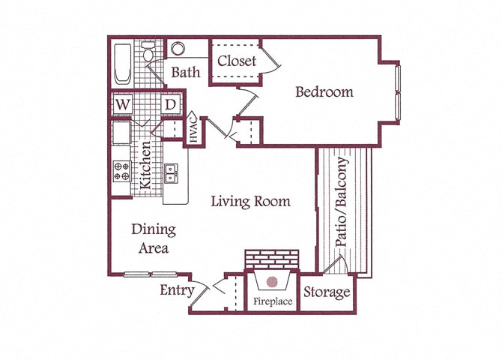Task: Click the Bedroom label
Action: tap(324, 92)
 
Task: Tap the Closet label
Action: tap(237, 61)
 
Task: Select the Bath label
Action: tap(186, 73)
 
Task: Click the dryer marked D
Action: tap(170, 103)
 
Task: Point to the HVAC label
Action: tap(193, 130)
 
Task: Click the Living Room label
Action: tap(250, 201)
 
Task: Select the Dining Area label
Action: tap(154, 238)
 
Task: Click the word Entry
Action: tap(177, 290)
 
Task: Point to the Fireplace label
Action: tap(272, 302)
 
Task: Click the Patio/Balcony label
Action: tap(342, 202)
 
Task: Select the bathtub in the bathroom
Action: tap(123, 65)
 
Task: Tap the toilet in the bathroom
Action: tap(148, 53)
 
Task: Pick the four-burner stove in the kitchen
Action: tap(121, 172)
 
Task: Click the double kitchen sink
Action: tap(171, 173)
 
